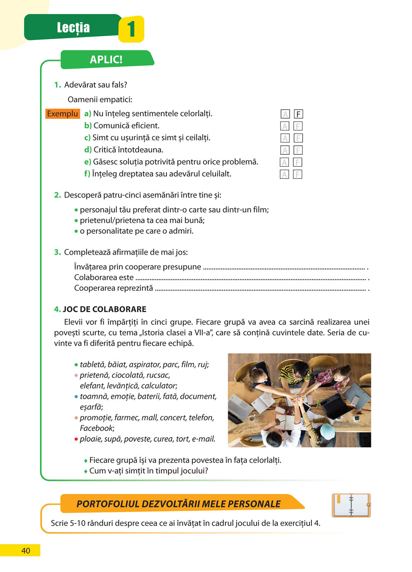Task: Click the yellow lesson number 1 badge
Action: pos(131,29)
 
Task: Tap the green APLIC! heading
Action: pos(106,60)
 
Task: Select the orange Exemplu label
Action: pos(62,114)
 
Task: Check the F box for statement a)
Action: pos(298,114)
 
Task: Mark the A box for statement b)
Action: pos(285,126)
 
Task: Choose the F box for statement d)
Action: pos(298,150)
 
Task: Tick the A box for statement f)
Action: pos(284,174)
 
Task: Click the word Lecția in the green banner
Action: pos(73,28)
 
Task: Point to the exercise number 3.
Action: pos(57,252)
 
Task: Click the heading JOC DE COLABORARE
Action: pos(105,309)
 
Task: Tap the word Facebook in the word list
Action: pos(96,428)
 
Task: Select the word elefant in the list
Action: pos(92,386)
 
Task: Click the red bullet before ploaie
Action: pos(76,439)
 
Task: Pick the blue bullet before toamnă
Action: pos(76,397)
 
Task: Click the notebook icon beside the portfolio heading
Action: pos(351,505)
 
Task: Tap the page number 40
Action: pos(26,551)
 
